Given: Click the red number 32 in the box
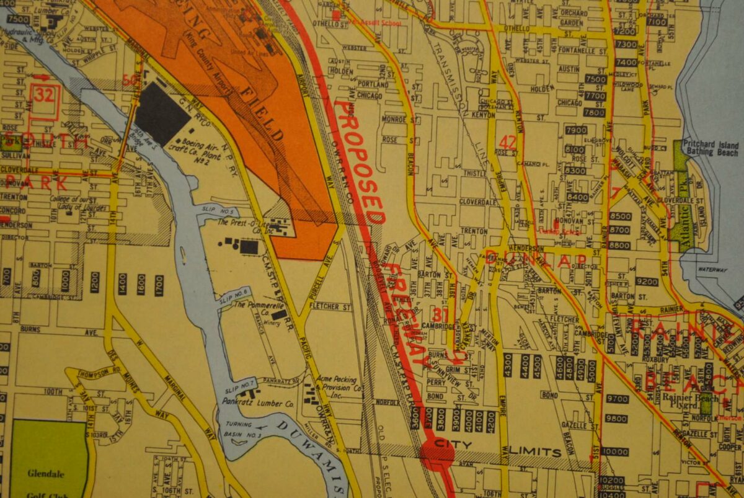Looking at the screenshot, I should pyautogui.click(x=45, y=94).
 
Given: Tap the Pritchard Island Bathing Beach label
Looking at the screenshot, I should pyautogui.click(x=710, y=149).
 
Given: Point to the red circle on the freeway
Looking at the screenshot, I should pyautogui.click(x=438, y=453).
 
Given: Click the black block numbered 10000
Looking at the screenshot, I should pyautogui.click(x=614, y=451).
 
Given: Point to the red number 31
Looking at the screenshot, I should pyautogui.click(x=440, y=315).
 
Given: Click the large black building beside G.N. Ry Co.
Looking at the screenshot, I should pyautogui.click(x=162, y=114).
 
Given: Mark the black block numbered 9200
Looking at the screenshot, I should pyautogui.click(x=647, y=282).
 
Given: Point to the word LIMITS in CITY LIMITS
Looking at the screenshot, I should pyautogui.click(x=536, y=451).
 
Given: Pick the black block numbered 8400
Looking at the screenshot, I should pyautogui.click(x=577, y=197).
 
